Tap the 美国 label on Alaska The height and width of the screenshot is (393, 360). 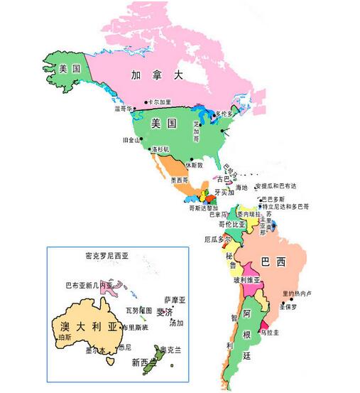pyautogui.click(x=69, y=68)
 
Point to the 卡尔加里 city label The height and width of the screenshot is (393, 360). pyautogui.click(x=160, y=102)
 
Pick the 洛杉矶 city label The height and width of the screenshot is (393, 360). pyautogui.click(x=160, y=150)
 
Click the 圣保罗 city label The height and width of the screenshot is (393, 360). pyautogui.click(x=288, y=307)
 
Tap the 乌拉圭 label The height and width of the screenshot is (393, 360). pyautogui.click(x=268, y=332)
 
